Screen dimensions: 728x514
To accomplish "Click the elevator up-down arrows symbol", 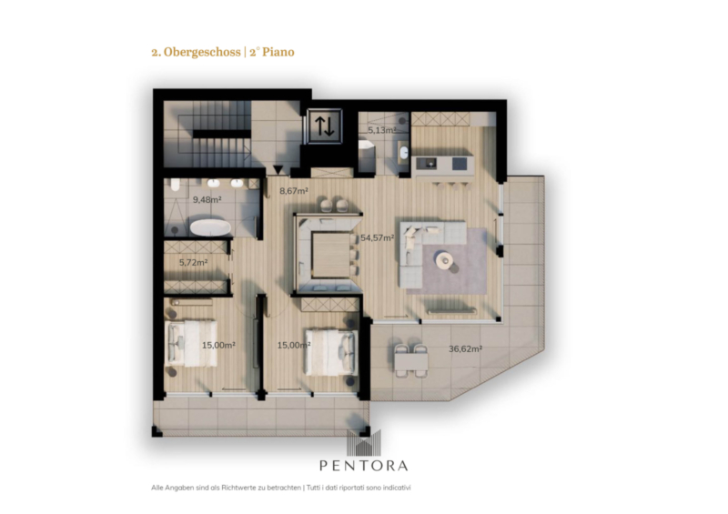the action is (x=325, y=126).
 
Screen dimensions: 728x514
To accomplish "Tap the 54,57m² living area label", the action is (x=378, y=237).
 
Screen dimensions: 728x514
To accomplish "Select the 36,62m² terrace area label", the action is (x=465, y=348).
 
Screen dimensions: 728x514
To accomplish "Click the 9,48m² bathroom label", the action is (x=207, y=199).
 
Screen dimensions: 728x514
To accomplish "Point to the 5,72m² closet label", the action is (x=193, y=262).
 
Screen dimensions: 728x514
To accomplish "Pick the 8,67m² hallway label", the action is (x=294, y=190).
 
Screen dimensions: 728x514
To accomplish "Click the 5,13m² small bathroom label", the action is (x=382, y=130).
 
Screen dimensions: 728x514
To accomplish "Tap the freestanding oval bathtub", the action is (x=210, y=228).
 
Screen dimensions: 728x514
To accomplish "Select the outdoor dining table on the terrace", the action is (x=411, y=361).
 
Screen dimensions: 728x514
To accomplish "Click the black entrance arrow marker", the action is (x=278, y=170).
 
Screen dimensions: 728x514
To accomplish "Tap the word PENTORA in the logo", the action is (x=363, y=465).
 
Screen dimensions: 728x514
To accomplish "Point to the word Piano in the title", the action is (x=278, y=52).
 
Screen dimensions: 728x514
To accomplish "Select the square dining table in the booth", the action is (x=330, y=255).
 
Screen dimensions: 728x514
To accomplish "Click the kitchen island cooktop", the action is (x=460, y=164).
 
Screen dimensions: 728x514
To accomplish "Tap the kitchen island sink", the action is (x=427, y=163).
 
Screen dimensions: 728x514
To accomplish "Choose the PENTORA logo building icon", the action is (x=363, y=442).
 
